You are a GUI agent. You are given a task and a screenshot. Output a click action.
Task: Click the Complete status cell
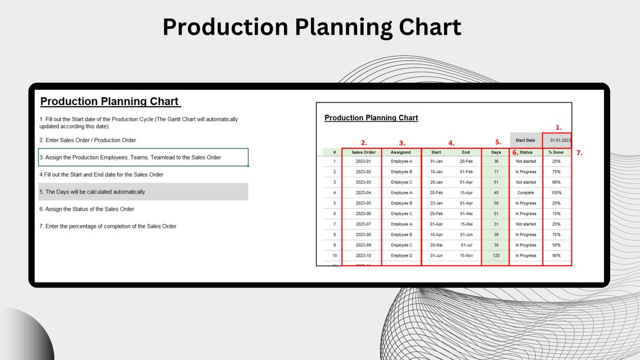tap(525, 193)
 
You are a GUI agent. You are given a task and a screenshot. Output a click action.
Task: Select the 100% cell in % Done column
tap(556, 193)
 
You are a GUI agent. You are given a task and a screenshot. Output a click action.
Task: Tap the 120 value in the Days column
tap(496, 256)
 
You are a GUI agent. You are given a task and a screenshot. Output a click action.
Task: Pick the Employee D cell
tap(401, 256)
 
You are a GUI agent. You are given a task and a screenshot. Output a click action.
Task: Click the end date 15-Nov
tap(466, 256)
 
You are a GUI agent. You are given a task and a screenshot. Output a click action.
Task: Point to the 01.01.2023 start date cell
tap(559, 140)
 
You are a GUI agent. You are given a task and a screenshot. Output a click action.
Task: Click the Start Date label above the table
tap(525, 140)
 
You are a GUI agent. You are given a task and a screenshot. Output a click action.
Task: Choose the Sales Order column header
tap(363, 152)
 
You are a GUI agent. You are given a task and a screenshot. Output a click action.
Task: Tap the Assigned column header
tap(401, 152)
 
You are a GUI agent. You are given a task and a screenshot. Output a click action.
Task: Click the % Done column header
tap(556, 152)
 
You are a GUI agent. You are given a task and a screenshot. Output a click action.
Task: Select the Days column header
tap(496, 152)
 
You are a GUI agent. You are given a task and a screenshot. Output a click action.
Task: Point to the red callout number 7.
tap(579, 153)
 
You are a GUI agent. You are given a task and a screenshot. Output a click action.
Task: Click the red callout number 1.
tap(558, 127)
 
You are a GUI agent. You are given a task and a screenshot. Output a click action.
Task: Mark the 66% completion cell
tap(556, 182)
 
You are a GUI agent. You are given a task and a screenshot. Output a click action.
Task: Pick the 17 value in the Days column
tap(496, 172)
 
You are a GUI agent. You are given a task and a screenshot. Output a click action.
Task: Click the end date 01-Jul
tap(466, 245)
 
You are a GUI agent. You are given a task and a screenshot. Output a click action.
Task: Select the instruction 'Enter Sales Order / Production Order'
tap(88, 140)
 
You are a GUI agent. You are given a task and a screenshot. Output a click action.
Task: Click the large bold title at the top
tap(312, 27)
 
